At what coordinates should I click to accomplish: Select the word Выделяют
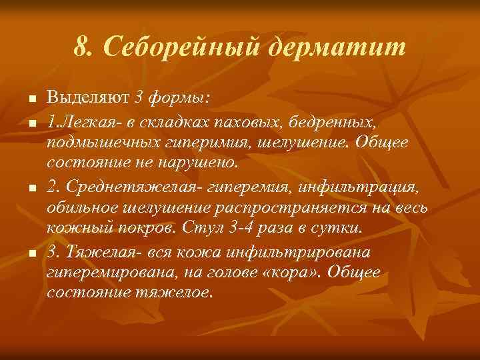pyautogui.click(x=89, y=99)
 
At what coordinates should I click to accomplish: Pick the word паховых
pyautogui.click(x=253, y=121)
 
